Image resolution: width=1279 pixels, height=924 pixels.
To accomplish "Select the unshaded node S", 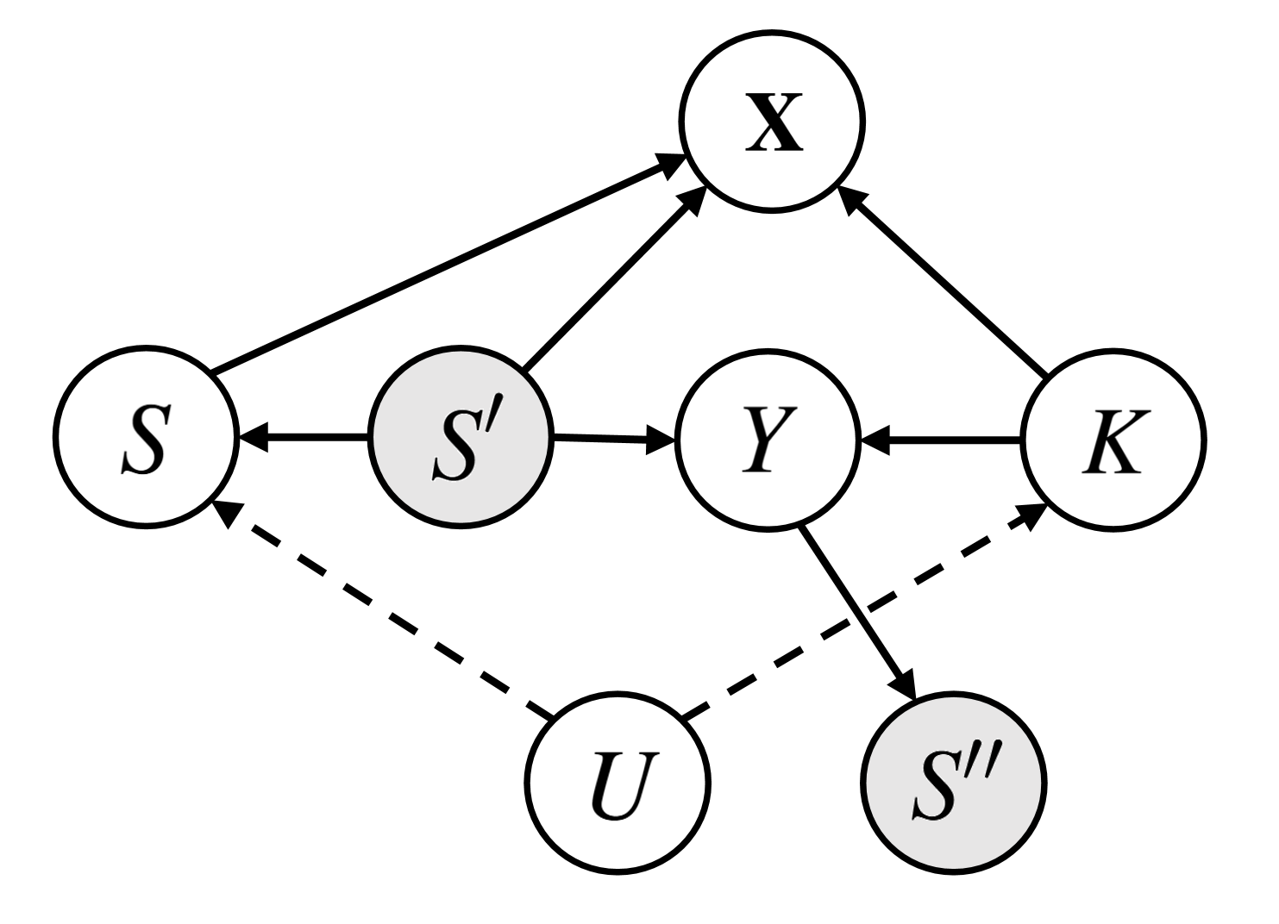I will tap(146, 437).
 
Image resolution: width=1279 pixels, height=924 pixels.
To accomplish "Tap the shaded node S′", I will tap(460, 437).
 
